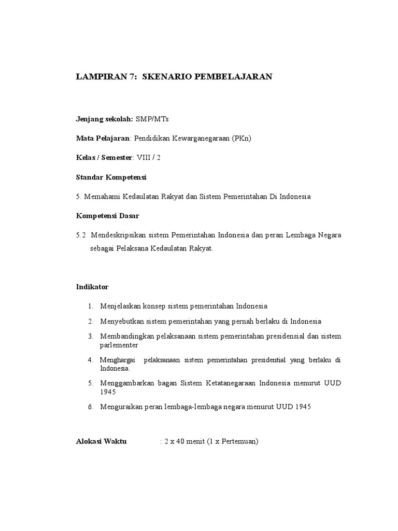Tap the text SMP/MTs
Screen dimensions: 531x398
tap(152, 119)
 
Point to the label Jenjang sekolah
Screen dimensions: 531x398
tap(104, 119)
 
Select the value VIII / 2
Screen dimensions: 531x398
tap(149, 158)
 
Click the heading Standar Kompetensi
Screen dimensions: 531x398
tap(111, 177)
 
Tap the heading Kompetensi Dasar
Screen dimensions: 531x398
tap(108, 215)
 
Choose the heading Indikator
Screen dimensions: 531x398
tap(92, 287)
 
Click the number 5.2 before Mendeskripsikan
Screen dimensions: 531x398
tap(80, 235)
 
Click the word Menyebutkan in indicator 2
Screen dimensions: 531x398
tap(123, 321)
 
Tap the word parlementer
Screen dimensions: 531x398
tap(119, 345)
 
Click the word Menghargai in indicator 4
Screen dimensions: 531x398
tap(118, 360)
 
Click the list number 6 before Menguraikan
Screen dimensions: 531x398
tap(90, 407)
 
